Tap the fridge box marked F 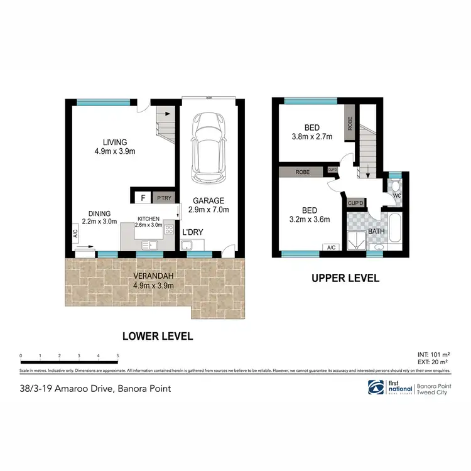[x=143, y=198]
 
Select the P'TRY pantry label [x=164, y=198]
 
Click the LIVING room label [x=116, y=141]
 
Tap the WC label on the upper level [x=397, y=195]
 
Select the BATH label [x=377, y=232]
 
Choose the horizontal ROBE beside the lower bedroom [x=302, y=170]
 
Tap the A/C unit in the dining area [x=74, y=233]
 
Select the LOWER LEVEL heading [x=157, y=336]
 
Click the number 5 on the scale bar [x=117, y=355]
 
